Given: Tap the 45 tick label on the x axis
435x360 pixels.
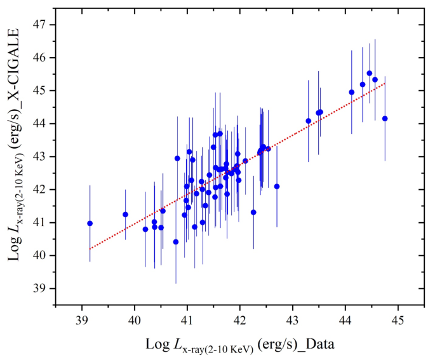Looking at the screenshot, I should pos(398,318).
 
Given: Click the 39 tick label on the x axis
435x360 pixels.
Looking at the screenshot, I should pos(82,318).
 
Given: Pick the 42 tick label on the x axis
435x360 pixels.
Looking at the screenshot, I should pos(240,318).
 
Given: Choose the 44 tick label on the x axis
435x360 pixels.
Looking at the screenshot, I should pos(345,318).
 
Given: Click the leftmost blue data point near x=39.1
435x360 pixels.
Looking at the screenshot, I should pos(90,223).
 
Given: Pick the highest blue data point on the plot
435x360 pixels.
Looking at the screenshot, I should pos(370,73).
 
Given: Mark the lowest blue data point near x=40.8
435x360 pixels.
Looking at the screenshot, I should pos(176,242).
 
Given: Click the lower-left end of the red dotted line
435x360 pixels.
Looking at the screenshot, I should pos(90,249).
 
